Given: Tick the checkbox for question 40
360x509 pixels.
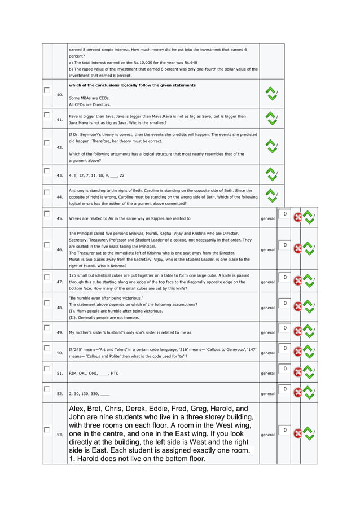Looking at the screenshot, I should (x=46, y=90).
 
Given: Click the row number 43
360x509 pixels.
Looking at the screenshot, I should (x=60, y=175).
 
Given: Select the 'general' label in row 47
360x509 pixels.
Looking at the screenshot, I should (x=267, y=282).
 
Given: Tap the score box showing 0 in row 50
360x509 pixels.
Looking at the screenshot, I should (x=286, y=348).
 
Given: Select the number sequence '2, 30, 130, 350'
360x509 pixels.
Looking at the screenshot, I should (x=84, y=393).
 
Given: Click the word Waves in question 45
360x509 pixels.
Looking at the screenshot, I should (x=75, y=218).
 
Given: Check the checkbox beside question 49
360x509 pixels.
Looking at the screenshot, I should (x=46, y=327).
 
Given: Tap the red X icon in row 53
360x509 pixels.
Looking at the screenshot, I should (x=297, y=433).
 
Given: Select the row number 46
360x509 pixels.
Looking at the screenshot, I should (x=60, y=249).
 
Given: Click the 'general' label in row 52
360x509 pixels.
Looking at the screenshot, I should (x=267, y=393).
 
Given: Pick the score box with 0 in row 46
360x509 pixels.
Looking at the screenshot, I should (x=286, y=245).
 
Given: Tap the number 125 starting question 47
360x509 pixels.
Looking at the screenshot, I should (x=72, y=275).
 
